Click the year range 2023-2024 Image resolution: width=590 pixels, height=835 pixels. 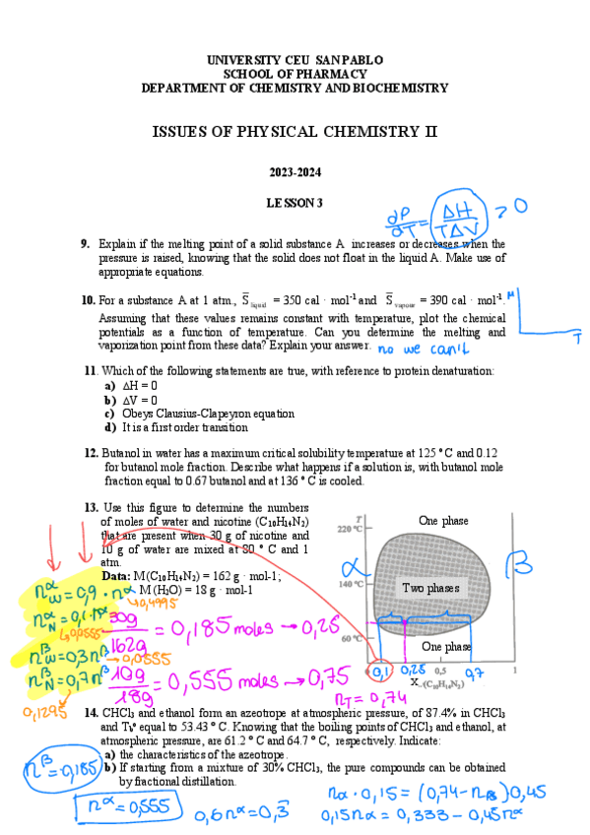click(295, 173)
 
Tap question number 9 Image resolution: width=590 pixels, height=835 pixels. click(86, 244)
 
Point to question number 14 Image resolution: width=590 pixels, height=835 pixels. click(90, 712)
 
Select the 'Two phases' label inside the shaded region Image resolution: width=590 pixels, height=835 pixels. click(430, 588)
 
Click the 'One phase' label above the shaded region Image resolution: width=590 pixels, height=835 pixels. click(443, 521)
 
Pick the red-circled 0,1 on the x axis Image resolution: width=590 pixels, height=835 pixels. click(375, 672)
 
